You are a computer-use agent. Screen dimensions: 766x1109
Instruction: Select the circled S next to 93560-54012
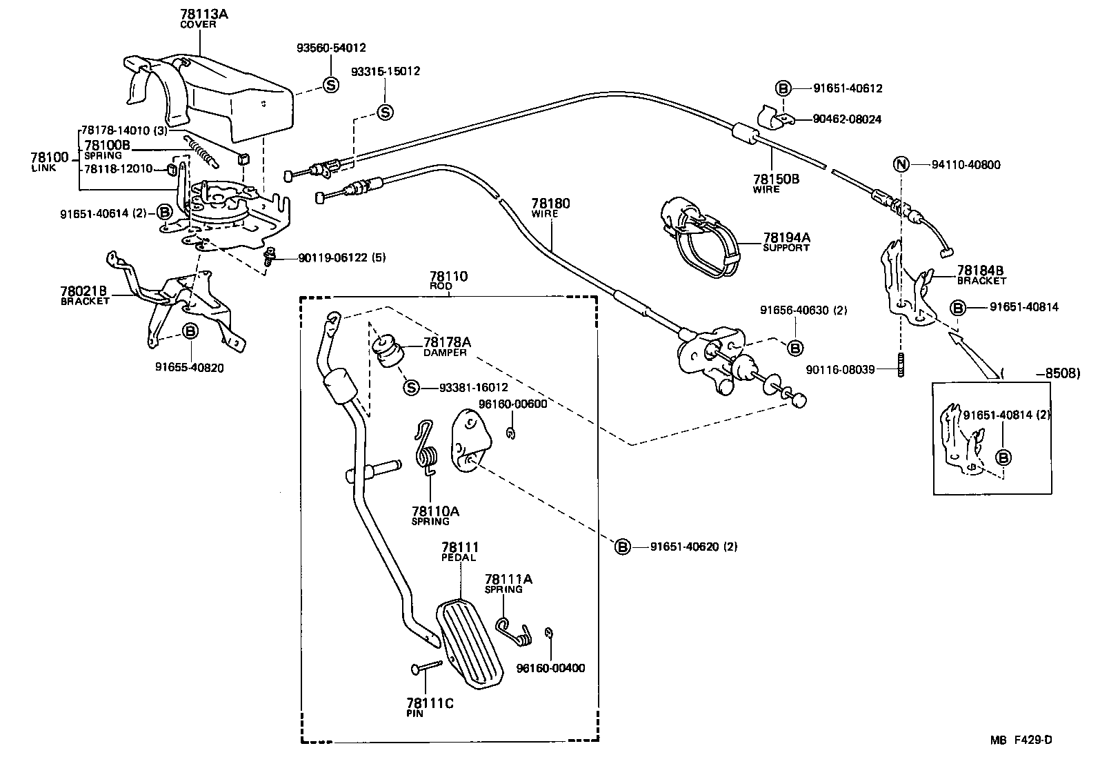pos(331,85)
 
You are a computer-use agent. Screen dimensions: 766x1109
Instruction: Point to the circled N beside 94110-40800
pos(901,165)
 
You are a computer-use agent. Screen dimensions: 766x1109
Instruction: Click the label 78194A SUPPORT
pos(786,242)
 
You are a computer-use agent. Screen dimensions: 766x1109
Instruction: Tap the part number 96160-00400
pos(550,668)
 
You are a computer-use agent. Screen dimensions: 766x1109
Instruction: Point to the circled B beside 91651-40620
pos(622,547)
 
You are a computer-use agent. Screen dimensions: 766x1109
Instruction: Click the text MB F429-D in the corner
pos(1021,740)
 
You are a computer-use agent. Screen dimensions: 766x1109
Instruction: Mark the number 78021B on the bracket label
pos(83,291)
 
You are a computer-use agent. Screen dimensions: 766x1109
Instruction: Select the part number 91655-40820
pos(189,368)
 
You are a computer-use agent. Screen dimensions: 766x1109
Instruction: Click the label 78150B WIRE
pos(776,183)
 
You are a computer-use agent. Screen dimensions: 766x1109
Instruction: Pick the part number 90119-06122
pos(333,257)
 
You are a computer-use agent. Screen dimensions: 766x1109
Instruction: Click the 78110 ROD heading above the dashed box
pos(448,279)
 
